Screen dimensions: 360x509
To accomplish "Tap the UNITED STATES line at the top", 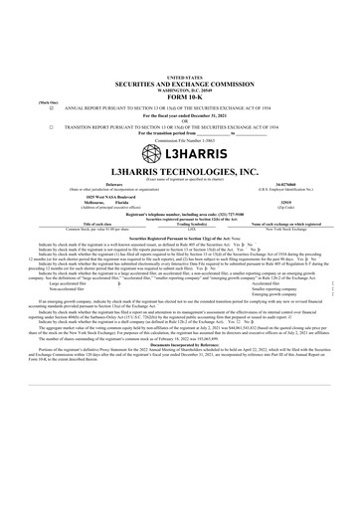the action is point(180,76).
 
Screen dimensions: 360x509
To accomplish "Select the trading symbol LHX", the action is point(180,228).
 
